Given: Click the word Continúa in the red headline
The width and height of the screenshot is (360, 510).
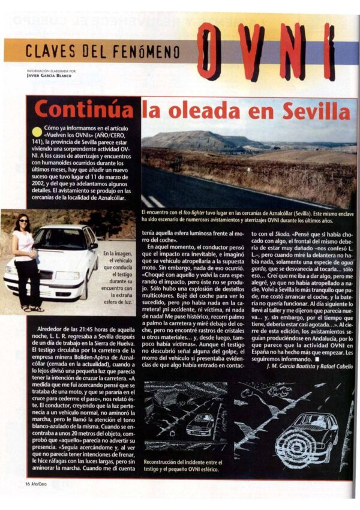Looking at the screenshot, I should [83, 110].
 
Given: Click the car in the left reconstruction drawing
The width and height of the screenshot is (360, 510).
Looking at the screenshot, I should [200, 425].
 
